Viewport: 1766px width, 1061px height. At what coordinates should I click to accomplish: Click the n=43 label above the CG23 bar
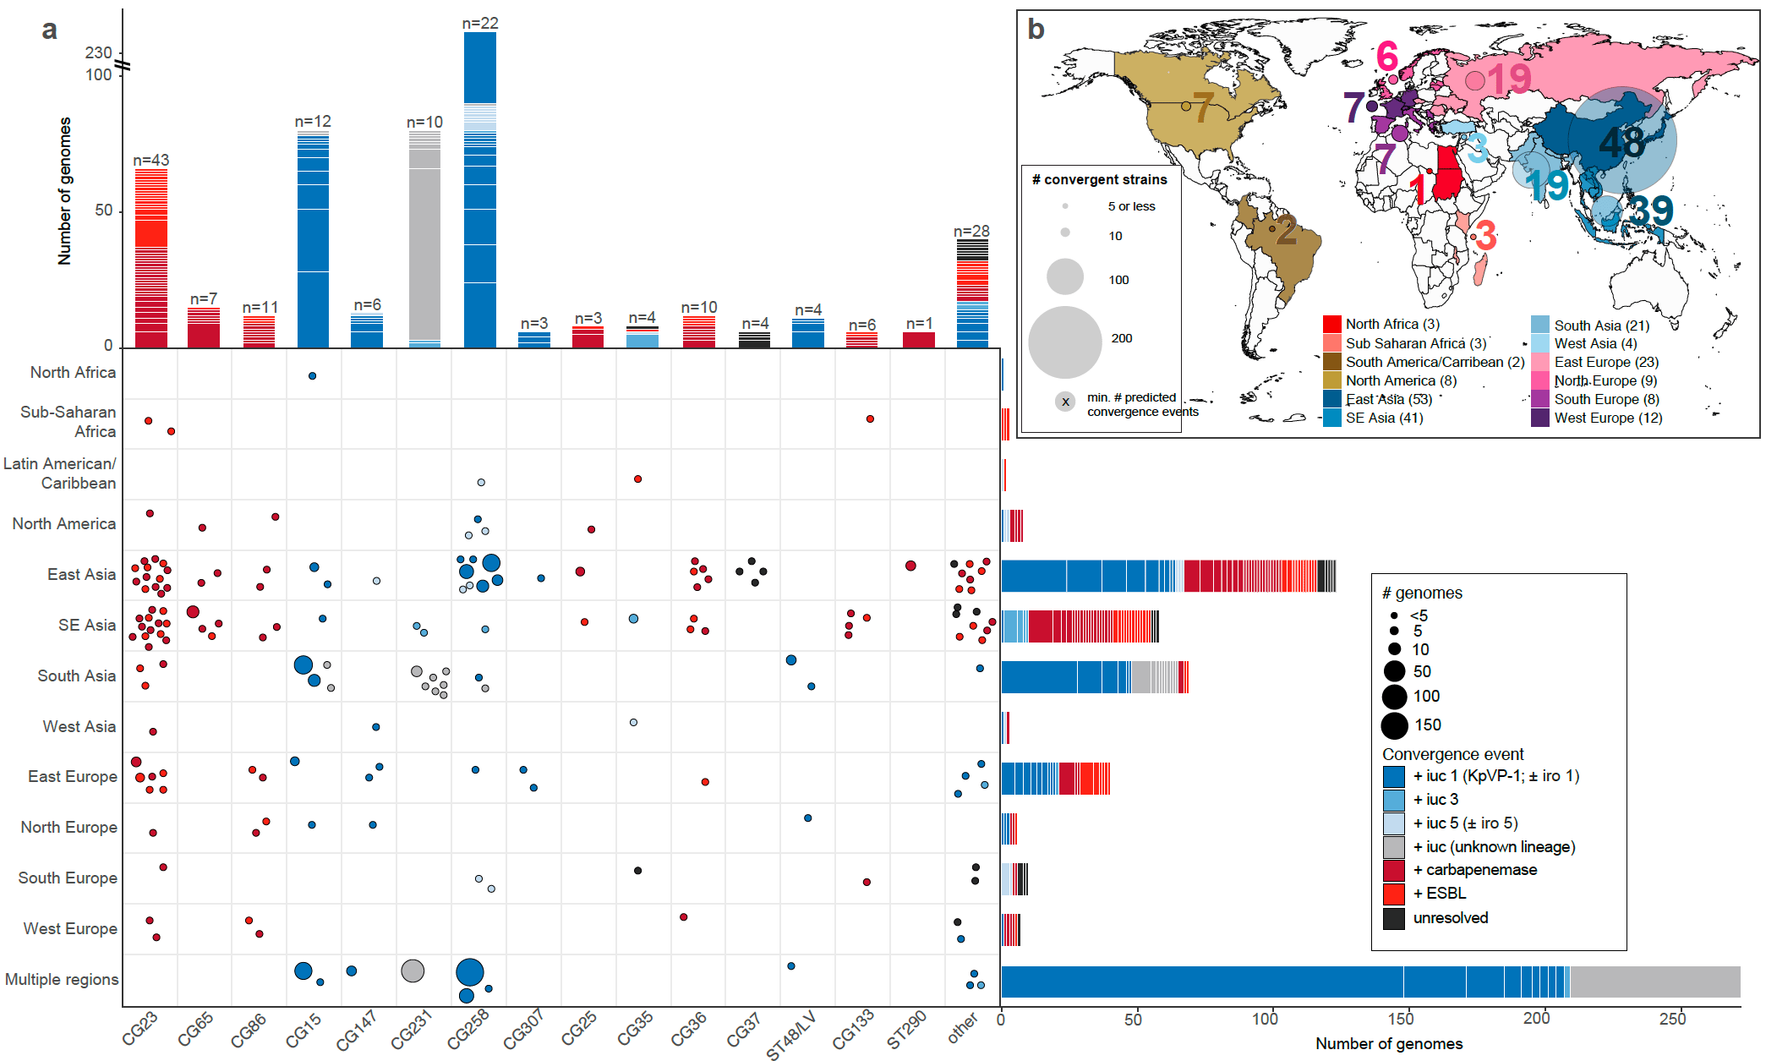[151, 160]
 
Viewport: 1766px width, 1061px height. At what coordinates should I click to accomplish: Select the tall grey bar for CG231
[424, 245]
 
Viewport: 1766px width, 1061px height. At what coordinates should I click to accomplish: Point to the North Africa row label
[73, 373]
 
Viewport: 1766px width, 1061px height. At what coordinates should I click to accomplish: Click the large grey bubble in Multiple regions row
[413, 971]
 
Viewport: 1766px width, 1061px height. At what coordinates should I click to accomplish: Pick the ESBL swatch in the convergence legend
[1394, 894]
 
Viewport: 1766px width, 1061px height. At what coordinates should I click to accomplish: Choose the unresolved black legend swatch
[1394, 919]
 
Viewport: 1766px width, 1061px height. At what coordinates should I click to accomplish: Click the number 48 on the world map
[1621, 142]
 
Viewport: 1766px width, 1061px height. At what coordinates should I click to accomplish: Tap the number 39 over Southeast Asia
[1651, 211]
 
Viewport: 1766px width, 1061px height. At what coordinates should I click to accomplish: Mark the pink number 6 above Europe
[1386, 57]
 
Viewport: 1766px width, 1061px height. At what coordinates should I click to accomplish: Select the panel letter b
[1036, 30]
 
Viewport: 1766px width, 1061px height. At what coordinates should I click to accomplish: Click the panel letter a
[50, 30]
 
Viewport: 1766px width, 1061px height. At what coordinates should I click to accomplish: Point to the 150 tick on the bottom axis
[1401, 1019]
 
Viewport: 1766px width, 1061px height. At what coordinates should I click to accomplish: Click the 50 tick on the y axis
[103, 211]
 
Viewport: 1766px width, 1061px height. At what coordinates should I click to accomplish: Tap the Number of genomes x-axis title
[1388, 1044]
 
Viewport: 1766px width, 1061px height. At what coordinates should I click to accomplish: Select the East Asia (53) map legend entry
[1388, 399]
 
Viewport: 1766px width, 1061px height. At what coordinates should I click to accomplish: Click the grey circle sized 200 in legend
[1065, 342]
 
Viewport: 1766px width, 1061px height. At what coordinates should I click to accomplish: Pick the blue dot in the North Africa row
[312, 375]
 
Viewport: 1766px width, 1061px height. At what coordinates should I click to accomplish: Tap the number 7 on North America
[1202, 107]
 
